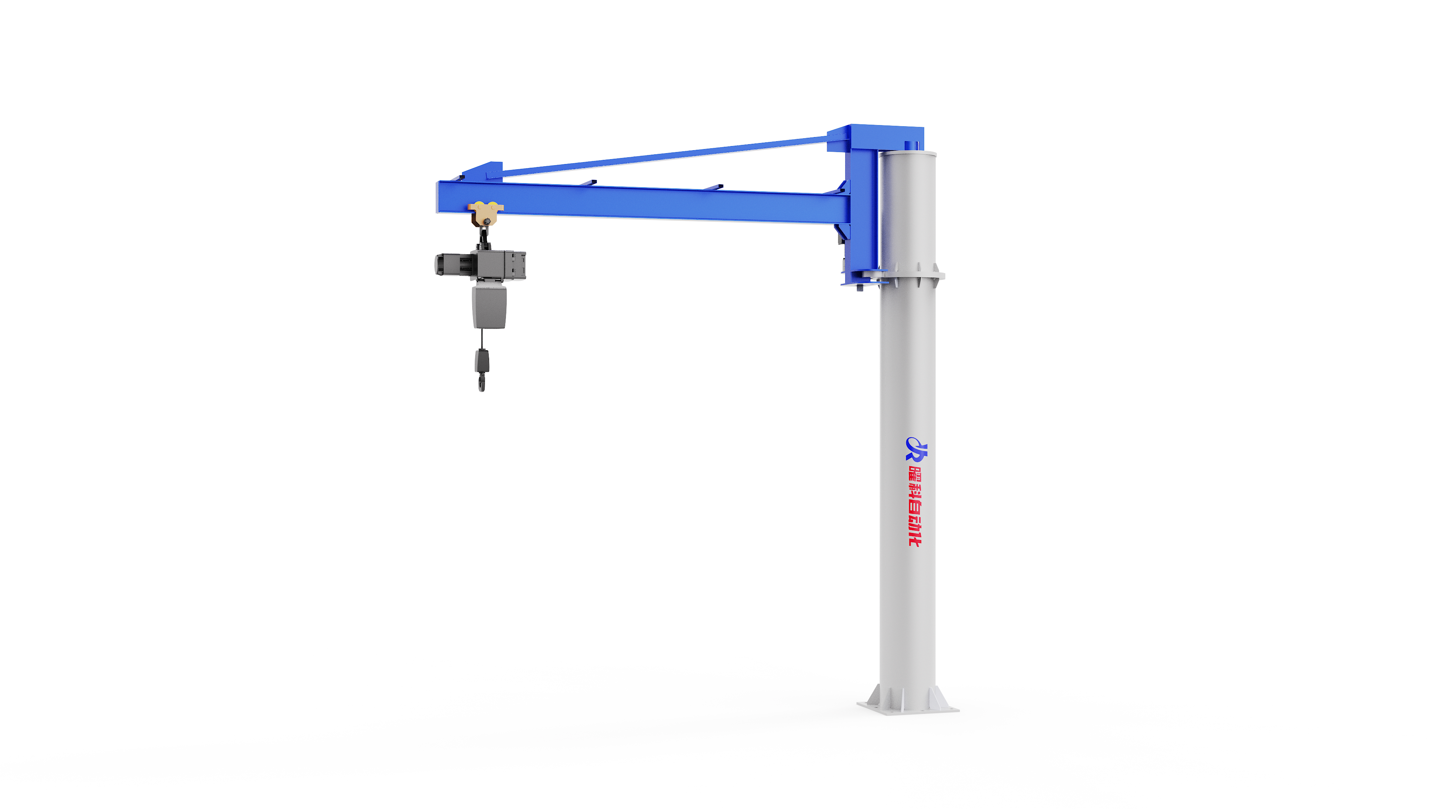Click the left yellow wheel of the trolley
(479, 206)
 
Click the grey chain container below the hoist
(489, 307)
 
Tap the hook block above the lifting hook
(482, 360)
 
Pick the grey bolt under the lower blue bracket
(860, 288)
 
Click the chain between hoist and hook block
(482, 338)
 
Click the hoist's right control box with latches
(515, 265)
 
